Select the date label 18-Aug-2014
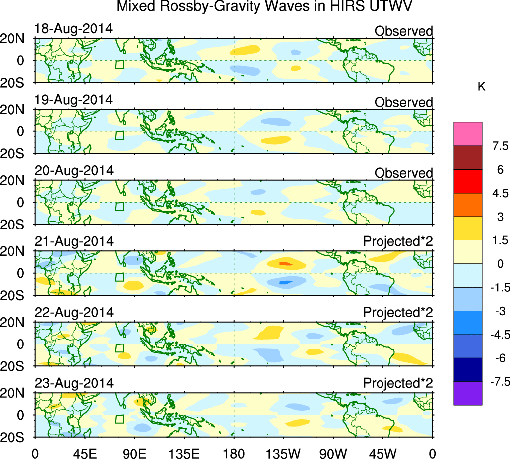click(x=74, y=29)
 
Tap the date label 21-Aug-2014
click(x=74, y=241)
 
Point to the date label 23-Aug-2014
click(x=74, y=383)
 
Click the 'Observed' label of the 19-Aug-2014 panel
click(x=403, y=102)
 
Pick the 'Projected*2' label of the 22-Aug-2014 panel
click(x=398, y=313)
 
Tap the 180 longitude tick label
click(x=234, y=453)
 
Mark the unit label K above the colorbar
click(x=481, y=86)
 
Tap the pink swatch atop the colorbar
click(x=468, y=134)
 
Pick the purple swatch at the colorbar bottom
click(x=468, y=393)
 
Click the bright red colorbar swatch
click(x=468, y=181)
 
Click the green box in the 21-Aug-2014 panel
click(x=119, y=277)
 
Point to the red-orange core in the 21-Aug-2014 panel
click(x=284, y=263)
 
